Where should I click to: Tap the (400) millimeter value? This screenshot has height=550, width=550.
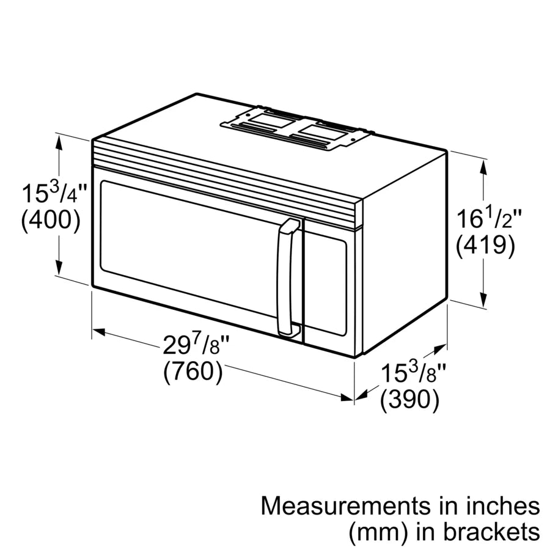[51, 220]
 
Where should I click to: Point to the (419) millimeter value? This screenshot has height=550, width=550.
[486, 245]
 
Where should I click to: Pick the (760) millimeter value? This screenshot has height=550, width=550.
[193, 372]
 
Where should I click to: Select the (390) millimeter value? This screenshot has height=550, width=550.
[409, 400]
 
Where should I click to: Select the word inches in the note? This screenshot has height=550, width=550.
[505, 506]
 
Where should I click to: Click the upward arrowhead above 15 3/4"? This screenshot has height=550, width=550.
[59, 141]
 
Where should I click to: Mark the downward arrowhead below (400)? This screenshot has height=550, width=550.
[59, 269]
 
